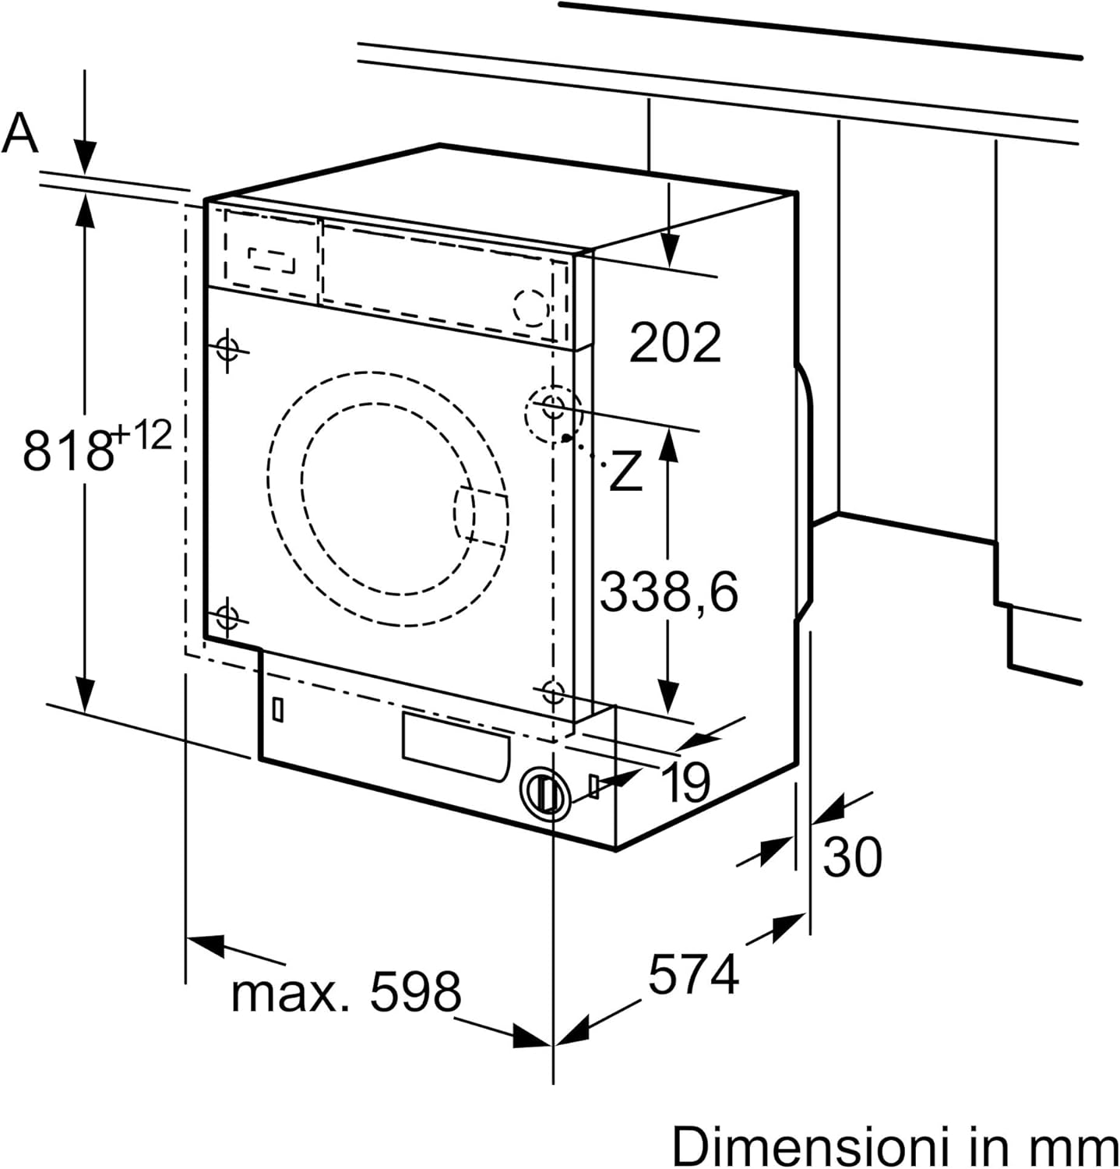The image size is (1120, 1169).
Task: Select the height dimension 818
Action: coord(68,450)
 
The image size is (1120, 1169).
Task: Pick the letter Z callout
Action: coord(625,471)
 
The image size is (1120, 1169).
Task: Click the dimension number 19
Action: coord(685,782)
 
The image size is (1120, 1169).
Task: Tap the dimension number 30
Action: coord(853,856)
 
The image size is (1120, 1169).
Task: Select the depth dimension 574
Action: coord(693,974)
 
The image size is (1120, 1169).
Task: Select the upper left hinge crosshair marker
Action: coord(227,349)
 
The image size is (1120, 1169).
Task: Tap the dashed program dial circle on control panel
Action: coord(531,306)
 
